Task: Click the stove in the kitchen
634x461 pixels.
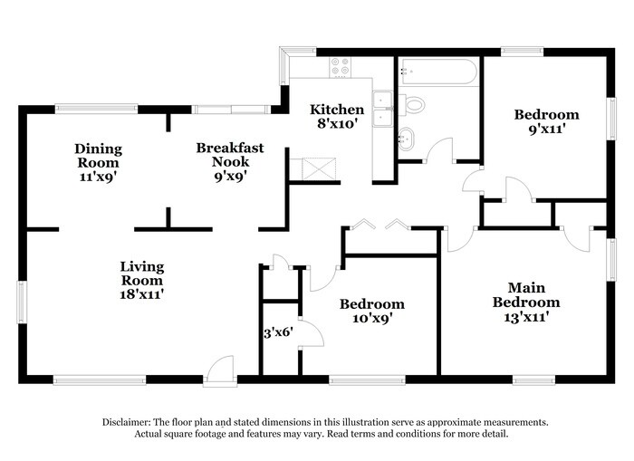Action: click(x=340, y=67)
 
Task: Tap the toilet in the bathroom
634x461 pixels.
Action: click(x=411, y=105)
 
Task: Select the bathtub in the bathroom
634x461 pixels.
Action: click(x=437, y=72)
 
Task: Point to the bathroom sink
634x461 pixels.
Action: click(x=407, y=139)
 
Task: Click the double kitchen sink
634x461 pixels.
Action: click(x=382, y=110)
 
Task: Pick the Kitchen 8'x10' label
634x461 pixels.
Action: click(x=337, y=116)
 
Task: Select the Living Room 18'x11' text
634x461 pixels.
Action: click(x=142, y=280)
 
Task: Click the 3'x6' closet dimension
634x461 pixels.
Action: click(x=278, y=332)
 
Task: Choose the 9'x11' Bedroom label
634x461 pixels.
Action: click(x=547, y=121)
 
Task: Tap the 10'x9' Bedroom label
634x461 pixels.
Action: click(x=372, y=311)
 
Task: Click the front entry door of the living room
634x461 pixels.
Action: click(x=219, y=370)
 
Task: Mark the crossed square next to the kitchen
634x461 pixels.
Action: click(x=320, y=168)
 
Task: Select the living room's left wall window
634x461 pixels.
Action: click(x=22, y=303)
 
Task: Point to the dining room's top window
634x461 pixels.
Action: click(x=96, y=109)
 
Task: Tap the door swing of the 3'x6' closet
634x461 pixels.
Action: click(x=312, y=333)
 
